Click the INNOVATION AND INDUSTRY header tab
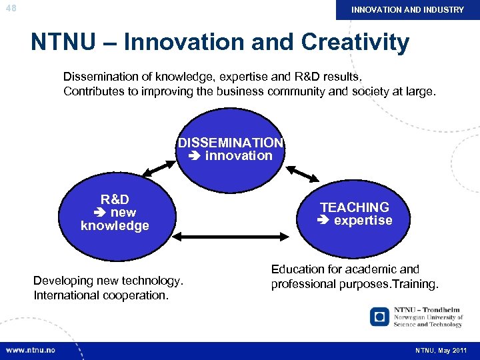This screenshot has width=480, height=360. (407, 10)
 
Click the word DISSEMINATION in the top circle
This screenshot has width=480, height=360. (231, 143)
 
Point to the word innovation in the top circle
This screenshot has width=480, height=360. (239, 156)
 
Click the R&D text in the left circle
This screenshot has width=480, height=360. (115, 199)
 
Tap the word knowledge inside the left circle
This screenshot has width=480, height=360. (115, 226)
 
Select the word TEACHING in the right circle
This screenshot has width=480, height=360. (355, 207)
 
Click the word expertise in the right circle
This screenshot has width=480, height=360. (363, 221)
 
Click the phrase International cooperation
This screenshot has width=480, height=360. (101, 295)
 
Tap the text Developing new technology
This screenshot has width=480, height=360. (108, 281)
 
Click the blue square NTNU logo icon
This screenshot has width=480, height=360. (380, 317)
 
